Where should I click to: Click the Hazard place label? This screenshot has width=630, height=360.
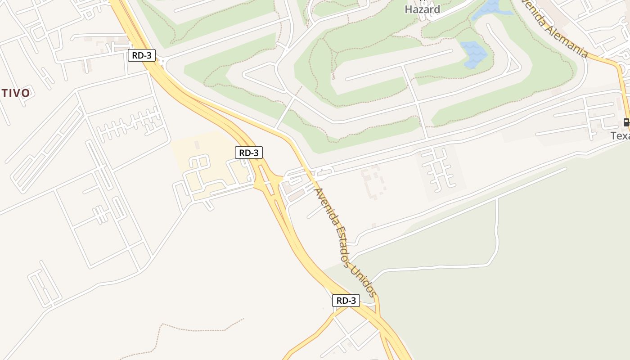[422, 9]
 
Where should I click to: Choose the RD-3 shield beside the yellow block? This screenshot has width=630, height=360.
[249, 153]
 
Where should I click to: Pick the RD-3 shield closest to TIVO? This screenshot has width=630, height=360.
[142, 55]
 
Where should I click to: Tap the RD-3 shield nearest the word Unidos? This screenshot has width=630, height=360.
[346, 301]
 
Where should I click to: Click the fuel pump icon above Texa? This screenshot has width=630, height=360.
[626, 122]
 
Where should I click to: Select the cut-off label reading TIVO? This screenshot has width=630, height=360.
[15, 93]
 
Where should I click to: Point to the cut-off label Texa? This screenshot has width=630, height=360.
[620, 135]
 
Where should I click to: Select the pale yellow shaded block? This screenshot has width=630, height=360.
[211, 162]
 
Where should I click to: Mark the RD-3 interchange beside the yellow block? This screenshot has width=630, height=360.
[268, 182]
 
